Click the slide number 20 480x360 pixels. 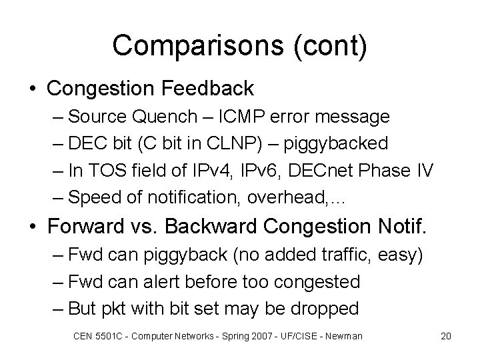pos(446,336)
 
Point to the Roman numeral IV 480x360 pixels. pos(424,171)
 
